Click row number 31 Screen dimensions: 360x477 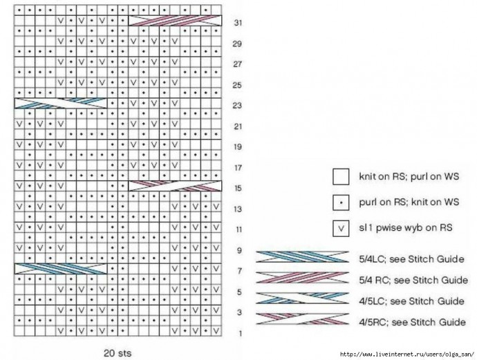tap(238, 23)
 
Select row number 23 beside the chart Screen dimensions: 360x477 tap(238, 106)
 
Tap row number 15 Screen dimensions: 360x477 tap(238, 188)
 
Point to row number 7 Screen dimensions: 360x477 tap(238, 271)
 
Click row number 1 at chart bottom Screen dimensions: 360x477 tap(239, 334)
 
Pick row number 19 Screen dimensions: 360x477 tap(238, 147)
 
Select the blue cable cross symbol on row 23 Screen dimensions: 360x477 tap(61, 103)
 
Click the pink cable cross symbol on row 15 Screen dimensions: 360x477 tap(176, 185)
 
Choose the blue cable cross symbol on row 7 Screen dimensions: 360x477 tap(61, 267)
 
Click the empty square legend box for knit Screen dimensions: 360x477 tap(342, 177)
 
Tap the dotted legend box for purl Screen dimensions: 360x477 tap(342, 202)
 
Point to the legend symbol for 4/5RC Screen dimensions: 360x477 tap(302, 319)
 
